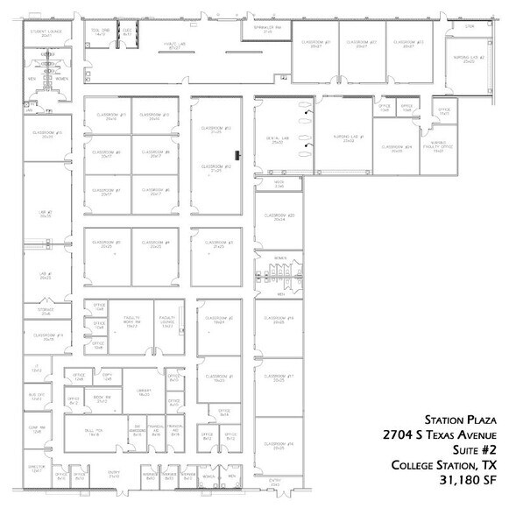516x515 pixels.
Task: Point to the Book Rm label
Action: click(x=102, y=399)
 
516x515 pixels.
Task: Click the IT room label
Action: click(x=36, y=370)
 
